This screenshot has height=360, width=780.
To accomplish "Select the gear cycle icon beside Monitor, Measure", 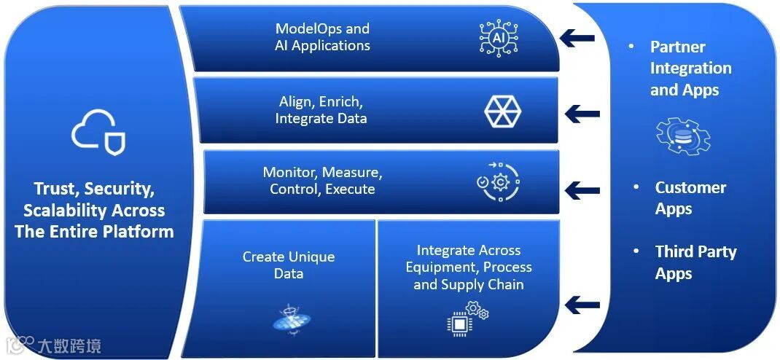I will click(499, 181).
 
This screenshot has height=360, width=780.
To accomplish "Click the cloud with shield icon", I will click(98, 133).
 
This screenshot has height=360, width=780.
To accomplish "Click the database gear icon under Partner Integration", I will click(683, 136).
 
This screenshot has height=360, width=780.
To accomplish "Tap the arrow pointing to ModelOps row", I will click(578, 37).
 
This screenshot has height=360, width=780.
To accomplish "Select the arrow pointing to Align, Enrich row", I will click(582, 114).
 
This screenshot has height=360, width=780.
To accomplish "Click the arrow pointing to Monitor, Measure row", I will click(582, 190).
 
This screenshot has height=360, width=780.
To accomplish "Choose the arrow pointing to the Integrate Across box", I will click(582, 305).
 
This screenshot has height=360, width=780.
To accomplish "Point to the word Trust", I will click(55, 189).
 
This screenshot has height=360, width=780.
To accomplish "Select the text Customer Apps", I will click(690, 198).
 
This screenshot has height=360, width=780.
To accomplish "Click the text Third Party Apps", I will click(695, 262).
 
